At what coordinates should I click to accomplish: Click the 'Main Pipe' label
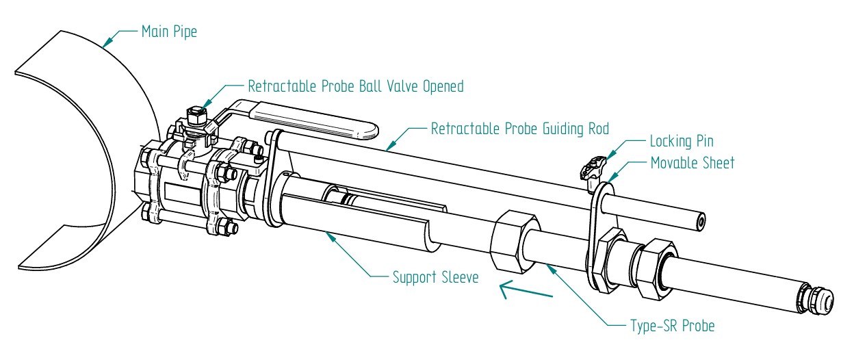(x=168, y=31)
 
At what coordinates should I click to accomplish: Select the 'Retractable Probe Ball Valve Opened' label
(x=355, y=87)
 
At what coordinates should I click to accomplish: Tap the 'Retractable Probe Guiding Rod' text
(x=519, y=129)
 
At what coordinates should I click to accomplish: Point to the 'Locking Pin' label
(x=681, y=142)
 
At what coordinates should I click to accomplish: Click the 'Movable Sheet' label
(x=691, y=163)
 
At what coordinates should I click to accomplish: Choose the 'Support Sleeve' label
(x=435, y=278)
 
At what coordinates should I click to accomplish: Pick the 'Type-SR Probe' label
(x=671, y=326)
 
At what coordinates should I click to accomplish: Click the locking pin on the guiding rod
(x=593, y=167)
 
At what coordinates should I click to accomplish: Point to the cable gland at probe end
(x=818, y=300)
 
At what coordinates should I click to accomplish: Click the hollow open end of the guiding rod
(x=699, y=221)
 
